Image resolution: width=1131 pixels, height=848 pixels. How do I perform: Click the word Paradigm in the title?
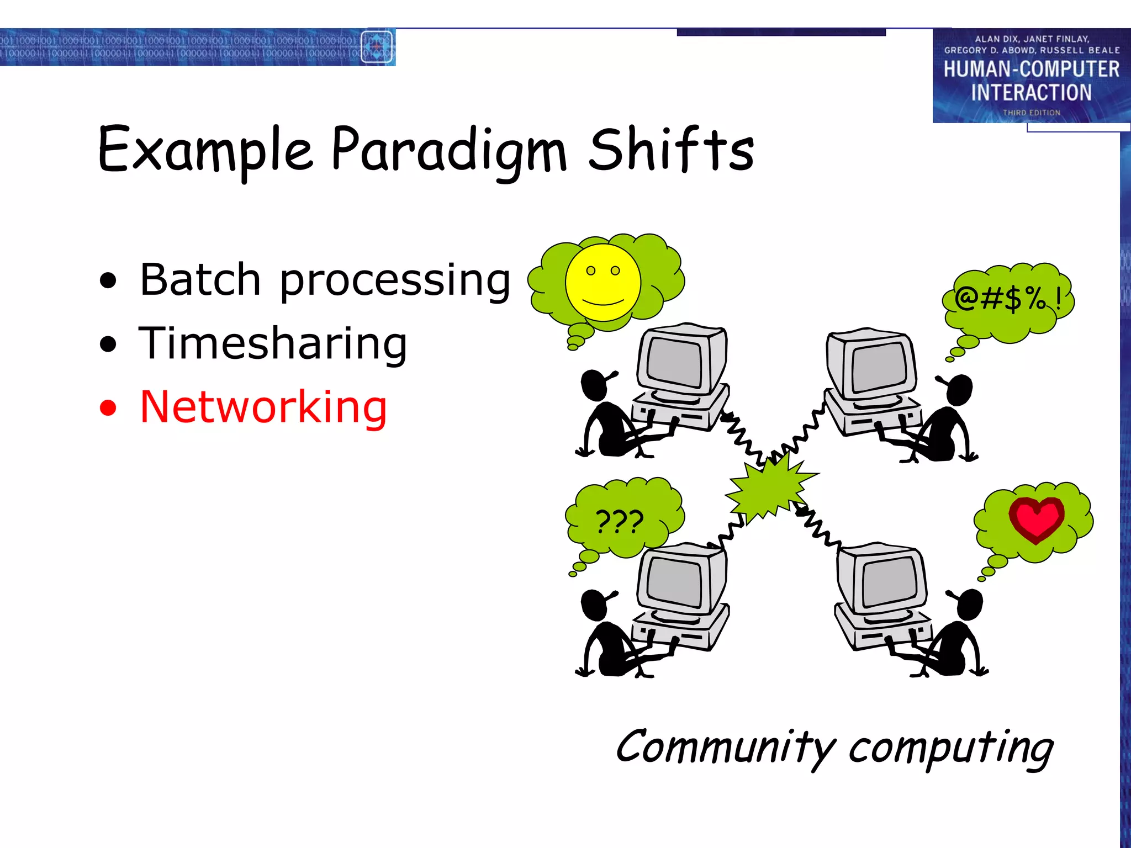(448, 150)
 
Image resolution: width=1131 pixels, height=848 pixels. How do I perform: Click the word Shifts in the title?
(670, 150)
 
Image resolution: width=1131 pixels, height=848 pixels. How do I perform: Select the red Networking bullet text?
(263, 407)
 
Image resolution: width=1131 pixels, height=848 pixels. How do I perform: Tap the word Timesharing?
(273, 343)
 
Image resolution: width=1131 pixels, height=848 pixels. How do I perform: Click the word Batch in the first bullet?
(200, 280)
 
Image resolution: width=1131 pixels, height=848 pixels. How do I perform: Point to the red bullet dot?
(108, 408)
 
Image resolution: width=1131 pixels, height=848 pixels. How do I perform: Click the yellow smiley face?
(603, 283)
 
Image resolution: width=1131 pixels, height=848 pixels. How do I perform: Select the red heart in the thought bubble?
(1035, 519)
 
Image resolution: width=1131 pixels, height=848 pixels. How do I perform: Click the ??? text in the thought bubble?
(620, 521)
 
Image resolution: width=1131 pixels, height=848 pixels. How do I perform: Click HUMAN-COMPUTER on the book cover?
(1031, 70)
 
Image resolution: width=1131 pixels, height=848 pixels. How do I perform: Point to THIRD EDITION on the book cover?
(1031, 113)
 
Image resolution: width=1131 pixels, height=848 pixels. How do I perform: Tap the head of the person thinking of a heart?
(970, 605)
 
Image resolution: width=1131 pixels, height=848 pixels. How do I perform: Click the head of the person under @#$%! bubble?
(959, 389)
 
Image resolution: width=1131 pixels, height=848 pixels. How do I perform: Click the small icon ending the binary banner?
(377, 47)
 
